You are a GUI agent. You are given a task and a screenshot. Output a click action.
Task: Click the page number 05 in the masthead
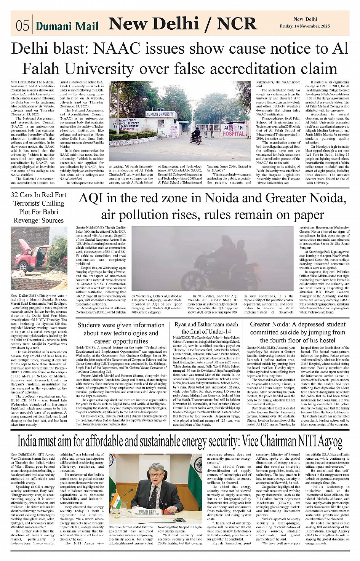[x=22, y=26]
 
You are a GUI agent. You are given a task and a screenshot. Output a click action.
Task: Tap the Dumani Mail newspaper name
[x=67, y=26]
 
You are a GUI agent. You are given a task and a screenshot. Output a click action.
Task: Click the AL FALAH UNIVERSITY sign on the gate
[x=160, y=114]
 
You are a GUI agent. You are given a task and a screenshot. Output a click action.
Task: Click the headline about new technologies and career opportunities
[x=121, y=333]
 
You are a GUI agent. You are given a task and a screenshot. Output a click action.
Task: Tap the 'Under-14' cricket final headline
[x=206, y=328]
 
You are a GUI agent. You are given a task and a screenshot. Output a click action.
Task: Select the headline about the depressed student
[x=298, y=332]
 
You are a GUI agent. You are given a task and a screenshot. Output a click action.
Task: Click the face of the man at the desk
[x=157, y=473]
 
